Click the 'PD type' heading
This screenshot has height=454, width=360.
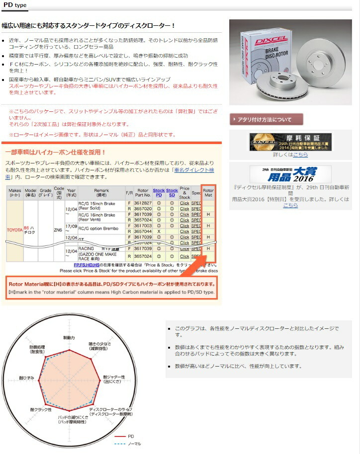[15, 5]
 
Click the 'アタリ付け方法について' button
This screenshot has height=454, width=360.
[267, 119]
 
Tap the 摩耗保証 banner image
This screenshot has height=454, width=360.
[290, 142]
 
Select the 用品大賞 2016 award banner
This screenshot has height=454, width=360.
[290, 174]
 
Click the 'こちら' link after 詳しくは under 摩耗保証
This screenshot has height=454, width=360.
[300, 154]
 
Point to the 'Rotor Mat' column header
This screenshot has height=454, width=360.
[209, 193]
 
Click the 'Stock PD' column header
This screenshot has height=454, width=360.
[159, 193]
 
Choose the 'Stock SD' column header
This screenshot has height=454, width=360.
[172, 193]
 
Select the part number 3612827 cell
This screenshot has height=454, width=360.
[143, 203]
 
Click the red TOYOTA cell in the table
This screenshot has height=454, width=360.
[14, 229]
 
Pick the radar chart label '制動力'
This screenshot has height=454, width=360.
[69, 338]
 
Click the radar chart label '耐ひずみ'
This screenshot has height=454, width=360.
[27, 378]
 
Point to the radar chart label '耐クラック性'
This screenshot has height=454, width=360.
[41, 409]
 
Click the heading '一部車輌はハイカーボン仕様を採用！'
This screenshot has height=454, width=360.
[55, 151]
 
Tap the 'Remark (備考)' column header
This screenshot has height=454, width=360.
[100, 193]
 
